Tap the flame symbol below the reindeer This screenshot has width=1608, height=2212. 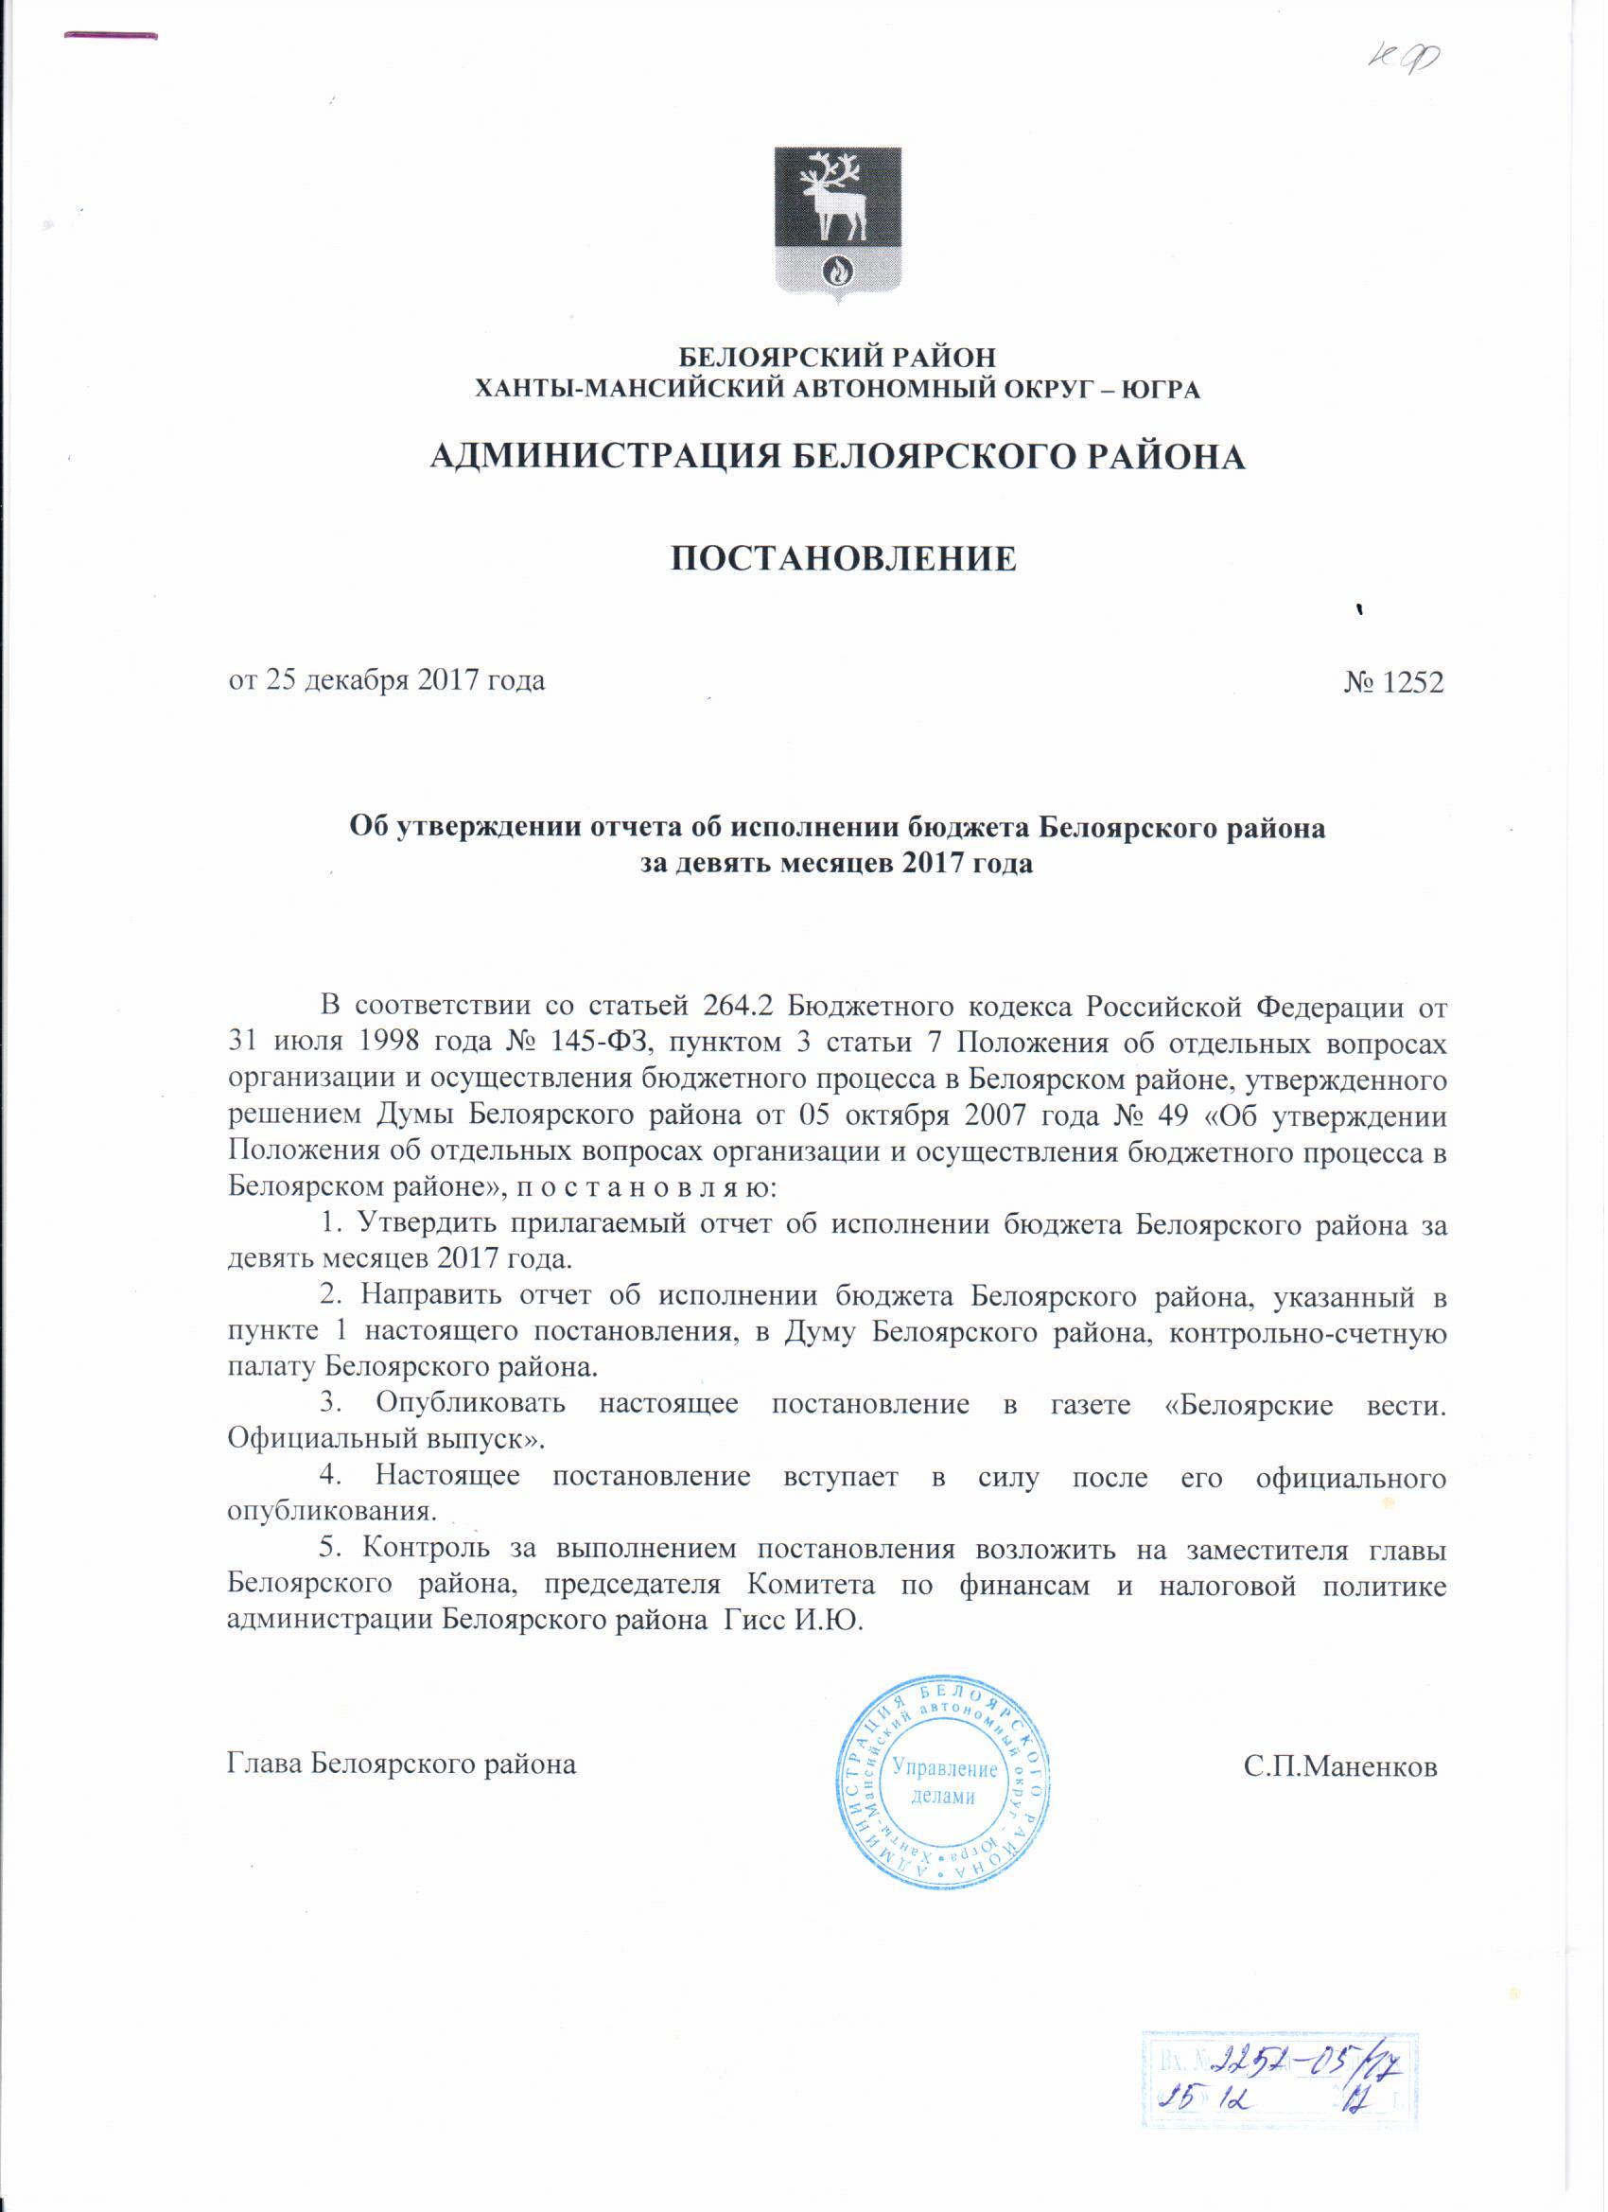point(838,267)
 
